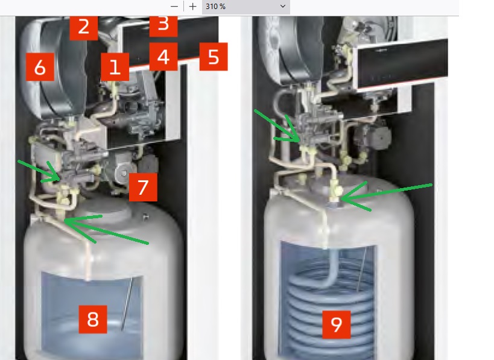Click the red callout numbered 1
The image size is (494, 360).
coord(115,67)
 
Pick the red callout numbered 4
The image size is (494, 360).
coord(163,57)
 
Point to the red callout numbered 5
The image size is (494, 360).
coord(214,57)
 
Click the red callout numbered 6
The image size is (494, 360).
coord(40,67)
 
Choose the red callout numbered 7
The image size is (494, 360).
coord(143,187)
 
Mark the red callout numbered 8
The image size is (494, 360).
coord(93,319)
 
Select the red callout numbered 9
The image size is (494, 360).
coord(337,325)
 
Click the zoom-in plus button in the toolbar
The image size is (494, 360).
coord(193,6)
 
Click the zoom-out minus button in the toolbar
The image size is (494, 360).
coord(174,6)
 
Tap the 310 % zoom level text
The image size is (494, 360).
coord(215,7)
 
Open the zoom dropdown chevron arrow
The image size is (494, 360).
coord(283,6)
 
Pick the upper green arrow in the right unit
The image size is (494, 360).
coord(277,126)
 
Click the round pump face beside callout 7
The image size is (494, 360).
coord(124,172)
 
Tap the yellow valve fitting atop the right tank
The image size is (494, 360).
coord(335,191)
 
